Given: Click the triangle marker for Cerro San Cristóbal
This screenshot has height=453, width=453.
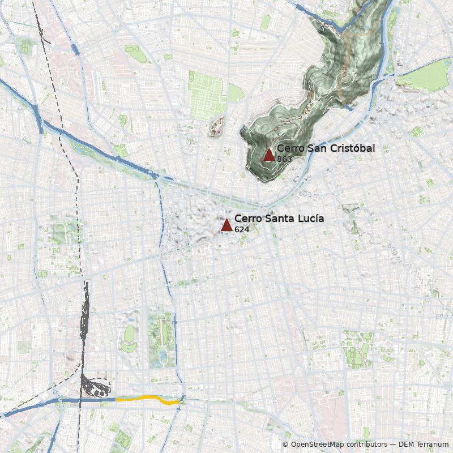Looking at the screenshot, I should (269, 155).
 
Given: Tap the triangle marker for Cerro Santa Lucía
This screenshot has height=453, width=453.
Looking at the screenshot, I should (226, 225).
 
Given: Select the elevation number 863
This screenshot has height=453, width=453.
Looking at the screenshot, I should (284, 159).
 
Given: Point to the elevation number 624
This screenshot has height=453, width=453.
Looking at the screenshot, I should (242, 229).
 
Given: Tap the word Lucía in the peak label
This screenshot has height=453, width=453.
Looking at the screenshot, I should (311, 219).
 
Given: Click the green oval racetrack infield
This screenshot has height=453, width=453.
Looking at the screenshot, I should (129, 334).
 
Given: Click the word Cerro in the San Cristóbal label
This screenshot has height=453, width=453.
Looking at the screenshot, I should (290, 148).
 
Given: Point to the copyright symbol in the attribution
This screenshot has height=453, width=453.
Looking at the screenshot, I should (285, 445).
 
